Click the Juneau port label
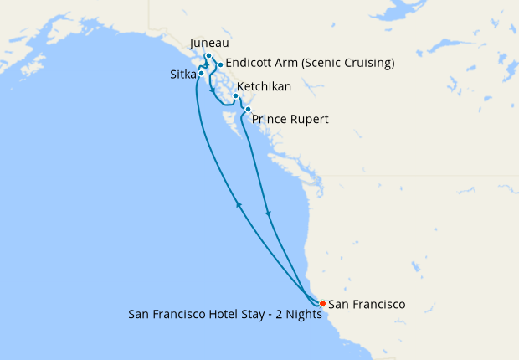pyautogui.click(x=209, y=44)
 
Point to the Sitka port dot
pyautogui.click(x=201, y=74)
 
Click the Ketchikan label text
pyautogui.click(x=264, y=87)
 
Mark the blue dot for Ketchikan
pyautogui.click(x=235, y=96)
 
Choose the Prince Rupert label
pyautogui.click(x=290, y=120)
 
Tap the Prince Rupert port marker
pyautogui.click(x=248, y=109)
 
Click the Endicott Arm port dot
pyautogui.click(x=219, y=64)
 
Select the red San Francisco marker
pyautogui.click(x=323, y=303)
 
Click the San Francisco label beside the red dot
pyautogui.click(x=367, y=304)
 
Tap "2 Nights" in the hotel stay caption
pyautogui.click(x=296, y=316)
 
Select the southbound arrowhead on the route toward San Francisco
pyautogui.click(x=268, y=215)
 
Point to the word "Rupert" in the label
pyautogui.click(x=309, y=120)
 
